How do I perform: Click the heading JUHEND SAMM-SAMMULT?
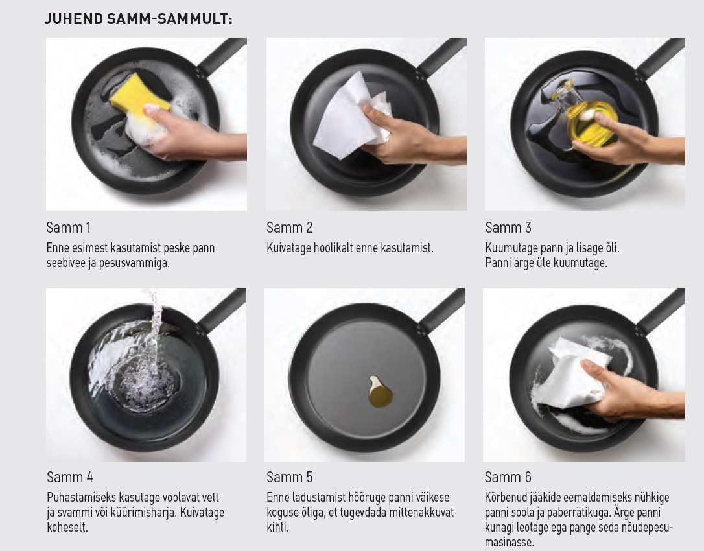pos(138,19)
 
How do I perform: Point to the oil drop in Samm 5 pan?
pos(380,392)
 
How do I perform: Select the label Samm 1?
pos(69,228)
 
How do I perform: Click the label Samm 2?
pos(290,228)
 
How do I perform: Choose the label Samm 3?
pos(508,228)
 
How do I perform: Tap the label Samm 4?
pos(70,477)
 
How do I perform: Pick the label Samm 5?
pos(290,477)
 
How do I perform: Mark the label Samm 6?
pos(508,477)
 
